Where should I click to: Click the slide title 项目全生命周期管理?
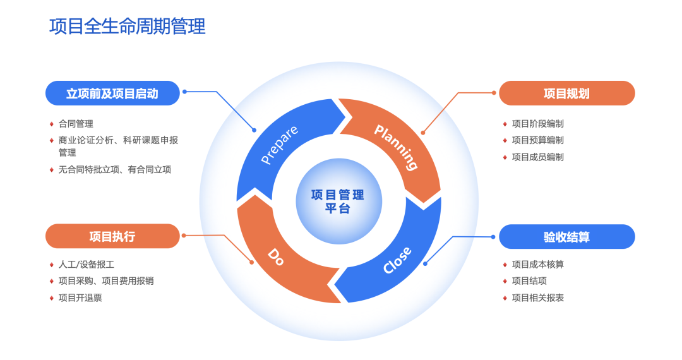point(128,27)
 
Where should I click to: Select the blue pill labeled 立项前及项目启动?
point(112,93)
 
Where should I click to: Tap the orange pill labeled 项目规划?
point(566,93)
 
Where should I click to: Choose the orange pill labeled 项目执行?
point(112,236)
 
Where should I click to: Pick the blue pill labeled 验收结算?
point(566,237)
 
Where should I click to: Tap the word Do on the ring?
point(276,256)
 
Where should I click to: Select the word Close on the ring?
point(397,260)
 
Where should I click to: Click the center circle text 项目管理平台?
point(338,201)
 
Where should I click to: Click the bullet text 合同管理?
point(76,124)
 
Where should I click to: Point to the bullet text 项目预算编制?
point(537,140)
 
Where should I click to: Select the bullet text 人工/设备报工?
point(86,265)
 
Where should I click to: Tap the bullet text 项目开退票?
point(80,297)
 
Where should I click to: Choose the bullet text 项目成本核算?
point(537,265)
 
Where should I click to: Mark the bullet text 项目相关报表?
point(537,297)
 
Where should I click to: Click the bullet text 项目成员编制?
point(537,157)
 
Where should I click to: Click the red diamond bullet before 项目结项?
point(505,281)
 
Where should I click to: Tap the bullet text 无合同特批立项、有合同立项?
point(115,169)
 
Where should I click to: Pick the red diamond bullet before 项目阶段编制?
point(505,124)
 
